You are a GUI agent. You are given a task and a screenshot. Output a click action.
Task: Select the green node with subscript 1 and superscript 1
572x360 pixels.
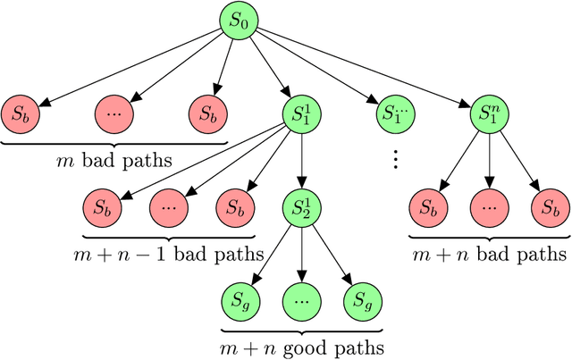point(300,113)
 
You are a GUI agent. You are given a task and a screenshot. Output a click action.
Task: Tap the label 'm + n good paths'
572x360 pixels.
point(300,346)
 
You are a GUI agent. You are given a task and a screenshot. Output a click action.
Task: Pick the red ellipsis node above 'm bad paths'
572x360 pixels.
point(113,113)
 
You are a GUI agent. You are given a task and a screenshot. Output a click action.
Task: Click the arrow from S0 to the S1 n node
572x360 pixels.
point(366,68)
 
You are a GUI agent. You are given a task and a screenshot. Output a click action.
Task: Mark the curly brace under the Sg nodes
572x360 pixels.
point(300,326)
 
